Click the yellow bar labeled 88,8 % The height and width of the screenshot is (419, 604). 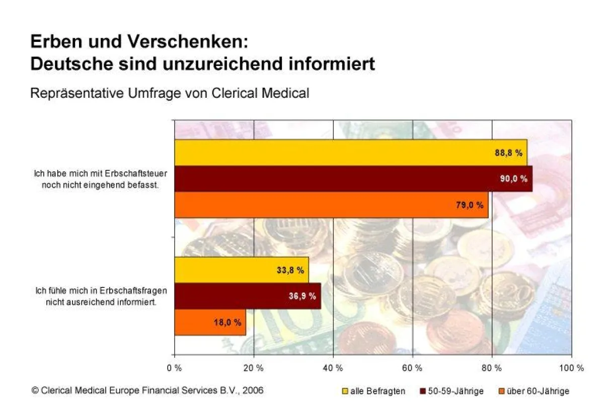coord(350,153)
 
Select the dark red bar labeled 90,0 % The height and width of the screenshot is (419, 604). coord(353,178)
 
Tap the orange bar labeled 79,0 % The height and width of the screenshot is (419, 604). coord(331,205)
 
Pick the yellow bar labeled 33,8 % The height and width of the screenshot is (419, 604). coord(241,270)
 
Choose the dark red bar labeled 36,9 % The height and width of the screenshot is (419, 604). coord(247,296)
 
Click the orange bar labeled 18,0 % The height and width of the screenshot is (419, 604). coord(210,322)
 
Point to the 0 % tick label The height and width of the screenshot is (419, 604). coord(175,368)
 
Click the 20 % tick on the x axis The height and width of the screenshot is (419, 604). coord(254,368)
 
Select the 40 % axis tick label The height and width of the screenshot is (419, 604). coord(333,368)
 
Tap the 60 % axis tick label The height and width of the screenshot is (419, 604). coord(412,368)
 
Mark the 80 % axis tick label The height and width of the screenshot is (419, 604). coord(492,368)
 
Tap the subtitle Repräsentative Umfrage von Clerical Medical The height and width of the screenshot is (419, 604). coord(170,93)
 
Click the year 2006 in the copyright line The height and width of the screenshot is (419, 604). coord(252,390)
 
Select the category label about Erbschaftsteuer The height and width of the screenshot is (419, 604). coord(100,178)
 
